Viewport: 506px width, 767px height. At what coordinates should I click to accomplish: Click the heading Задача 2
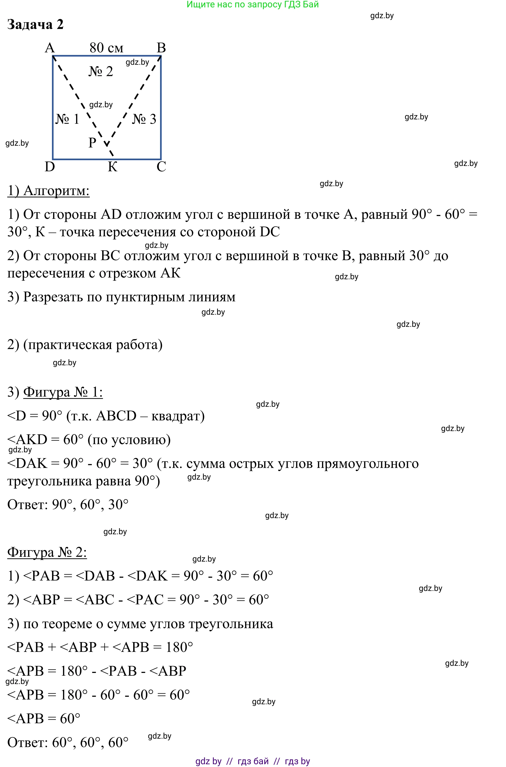(x=35, y=25)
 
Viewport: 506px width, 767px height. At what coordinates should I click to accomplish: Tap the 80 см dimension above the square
(x=106, y=48)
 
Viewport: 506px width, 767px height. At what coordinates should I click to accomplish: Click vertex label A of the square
(x=50, y=48)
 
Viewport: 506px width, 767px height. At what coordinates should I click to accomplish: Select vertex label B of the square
(x=161, y=48)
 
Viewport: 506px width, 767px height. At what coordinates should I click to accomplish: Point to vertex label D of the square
(x=50, y=167)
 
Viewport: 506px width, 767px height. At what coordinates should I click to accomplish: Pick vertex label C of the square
(x=161, y=167)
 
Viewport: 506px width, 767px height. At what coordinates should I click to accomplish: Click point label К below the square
(x=112, y=167)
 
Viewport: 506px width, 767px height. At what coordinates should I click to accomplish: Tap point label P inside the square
(x=92, y=142)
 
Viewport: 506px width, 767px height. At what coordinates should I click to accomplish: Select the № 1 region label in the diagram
(x=67, y=119)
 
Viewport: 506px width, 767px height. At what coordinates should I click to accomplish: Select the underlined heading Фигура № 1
(x=63, y=392)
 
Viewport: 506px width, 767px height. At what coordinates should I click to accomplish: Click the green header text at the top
(x=253, y=5)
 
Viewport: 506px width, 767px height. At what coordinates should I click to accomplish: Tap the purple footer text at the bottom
(x=253, y=761)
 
